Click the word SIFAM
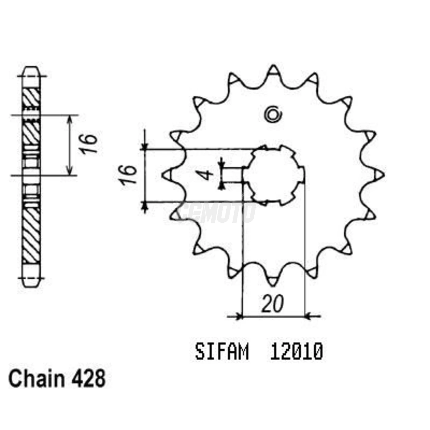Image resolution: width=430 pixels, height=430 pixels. pyautogui.click(x=222, y=352)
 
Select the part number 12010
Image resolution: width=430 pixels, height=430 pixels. pyautogui.click(x=296, y=352)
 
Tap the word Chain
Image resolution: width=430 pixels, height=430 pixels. pyautogui.click(x=36, y=378)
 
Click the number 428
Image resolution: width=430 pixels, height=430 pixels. pyautogui.click(x=89, y=378)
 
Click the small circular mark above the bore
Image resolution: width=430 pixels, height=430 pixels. pyautogui.click(x=273, y=115)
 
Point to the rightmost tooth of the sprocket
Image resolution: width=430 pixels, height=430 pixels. pyautogui.click(x=379, y=175)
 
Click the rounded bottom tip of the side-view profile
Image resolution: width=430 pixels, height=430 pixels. pyautogui.click(x=31, y=283)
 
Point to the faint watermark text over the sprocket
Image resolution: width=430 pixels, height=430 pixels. pyautogui.click(x=217, y=213)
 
